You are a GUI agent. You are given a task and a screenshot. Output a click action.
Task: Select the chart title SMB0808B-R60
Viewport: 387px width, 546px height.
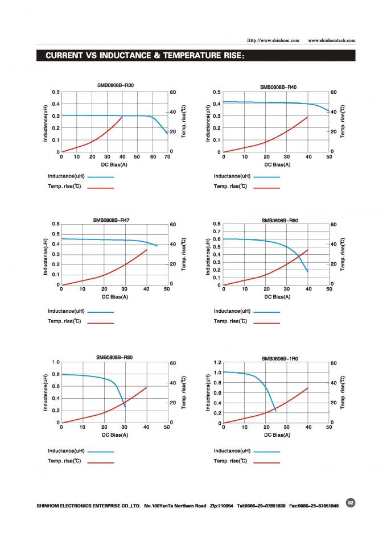tap(279, 220)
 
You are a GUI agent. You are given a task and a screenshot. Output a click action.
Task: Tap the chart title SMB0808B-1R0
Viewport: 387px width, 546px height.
tap(279, 359)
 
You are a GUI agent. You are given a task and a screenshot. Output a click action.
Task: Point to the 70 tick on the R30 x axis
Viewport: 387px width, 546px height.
tap(167, 156)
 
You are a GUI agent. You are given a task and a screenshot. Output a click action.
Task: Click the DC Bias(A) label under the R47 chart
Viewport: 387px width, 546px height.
tap(114, 296)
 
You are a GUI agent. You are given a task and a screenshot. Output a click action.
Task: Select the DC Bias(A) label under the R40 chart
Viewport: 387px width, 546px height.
tap(277, 164)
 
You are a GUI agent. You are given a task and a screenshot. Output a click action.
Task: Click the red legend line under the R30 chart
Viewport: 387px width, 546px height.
tap(101, 187)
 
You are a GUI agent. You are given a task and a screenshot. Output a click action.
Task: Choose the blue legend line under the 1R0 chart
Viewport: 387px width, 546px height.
tap(267, 452)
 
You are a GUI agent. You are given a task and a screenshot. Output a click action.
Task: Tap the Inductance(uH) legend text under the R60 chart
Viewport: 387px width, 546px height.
tap(232, 311)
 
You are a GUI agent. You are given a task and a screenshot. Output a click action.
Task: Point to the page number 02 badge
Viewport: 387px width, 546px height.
tap(351, 503)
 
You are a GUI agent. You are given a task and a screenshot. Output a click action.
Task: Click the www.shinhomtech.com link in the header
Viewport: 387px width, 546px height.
tap(331, 40)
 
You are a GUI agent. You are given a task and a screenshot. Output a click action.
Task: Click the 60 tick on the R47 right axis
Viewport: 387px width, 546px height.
tap(172, 224)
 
